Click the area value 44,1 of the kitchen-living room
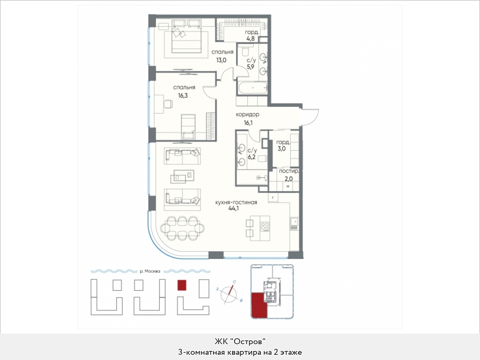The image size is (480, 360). tap(234, 209)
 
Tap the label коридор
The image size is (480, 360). tap(247, 115)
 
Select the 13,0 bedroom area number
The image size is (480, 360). tap(221, 60)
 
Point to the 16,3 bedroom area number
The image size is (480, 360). tap(183, 96)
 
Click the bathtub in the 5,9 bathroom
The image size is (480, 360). tap(253, 88)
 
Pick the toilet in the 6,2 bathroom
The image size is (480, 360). tap(262, 159)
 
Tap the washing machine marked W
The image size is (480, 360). tap(288, 186)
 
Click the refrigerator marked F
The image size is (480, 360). tap(273, 198)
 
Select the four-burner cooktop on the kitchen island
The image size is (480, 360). tap(265, 226)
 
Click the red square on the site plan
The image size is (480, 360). tap(182, 285)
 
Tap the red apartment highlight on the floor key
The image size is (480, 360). tap(259, 305)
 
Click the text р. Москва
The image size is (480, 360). tap(150, 271)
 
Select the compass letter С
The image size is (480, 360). tap(234, 282)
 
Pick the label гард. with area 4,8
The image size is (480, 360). tap(252, 32)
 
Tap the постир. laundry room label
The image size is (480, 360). tap(289, 171)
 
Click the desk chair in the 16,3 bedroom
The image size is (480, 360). tap(168, 104)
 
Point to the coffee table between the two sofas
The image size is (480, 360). tap(182, 177)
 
